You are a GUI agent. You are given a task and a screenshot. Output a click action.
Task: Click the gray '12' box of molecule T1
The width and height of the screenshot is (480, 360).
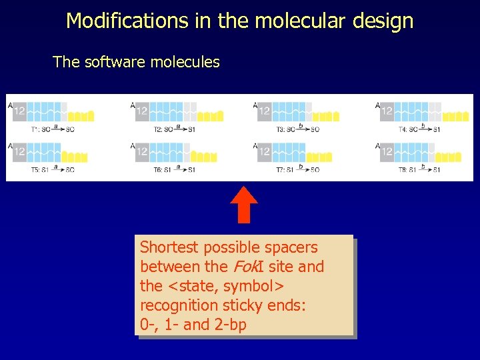click(19, 111)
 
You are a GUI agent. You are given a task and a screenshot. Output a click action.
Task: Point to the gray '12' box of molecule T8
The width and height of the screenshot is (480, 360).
click(387, 152)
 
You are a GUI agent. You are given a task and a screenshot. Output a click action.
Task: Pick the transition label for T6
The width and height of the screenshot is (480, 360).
click(174, 169)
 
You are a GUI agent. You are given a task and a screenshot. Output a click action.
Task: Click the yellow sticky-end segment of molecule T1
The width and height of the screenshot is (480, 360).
click(81, 116)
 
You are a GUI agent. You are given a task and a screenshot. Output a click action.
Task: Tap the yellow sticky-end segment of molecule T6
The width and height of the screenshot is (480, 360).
click(203, 157)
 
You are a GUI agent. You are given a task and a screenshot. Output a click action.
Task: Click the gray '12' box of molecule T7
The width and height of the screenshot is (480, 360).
click(265, 152)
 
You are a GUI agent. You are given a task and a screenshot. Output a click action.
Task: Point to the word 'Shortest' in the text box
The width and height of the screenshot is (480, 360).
click(169, 247)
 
